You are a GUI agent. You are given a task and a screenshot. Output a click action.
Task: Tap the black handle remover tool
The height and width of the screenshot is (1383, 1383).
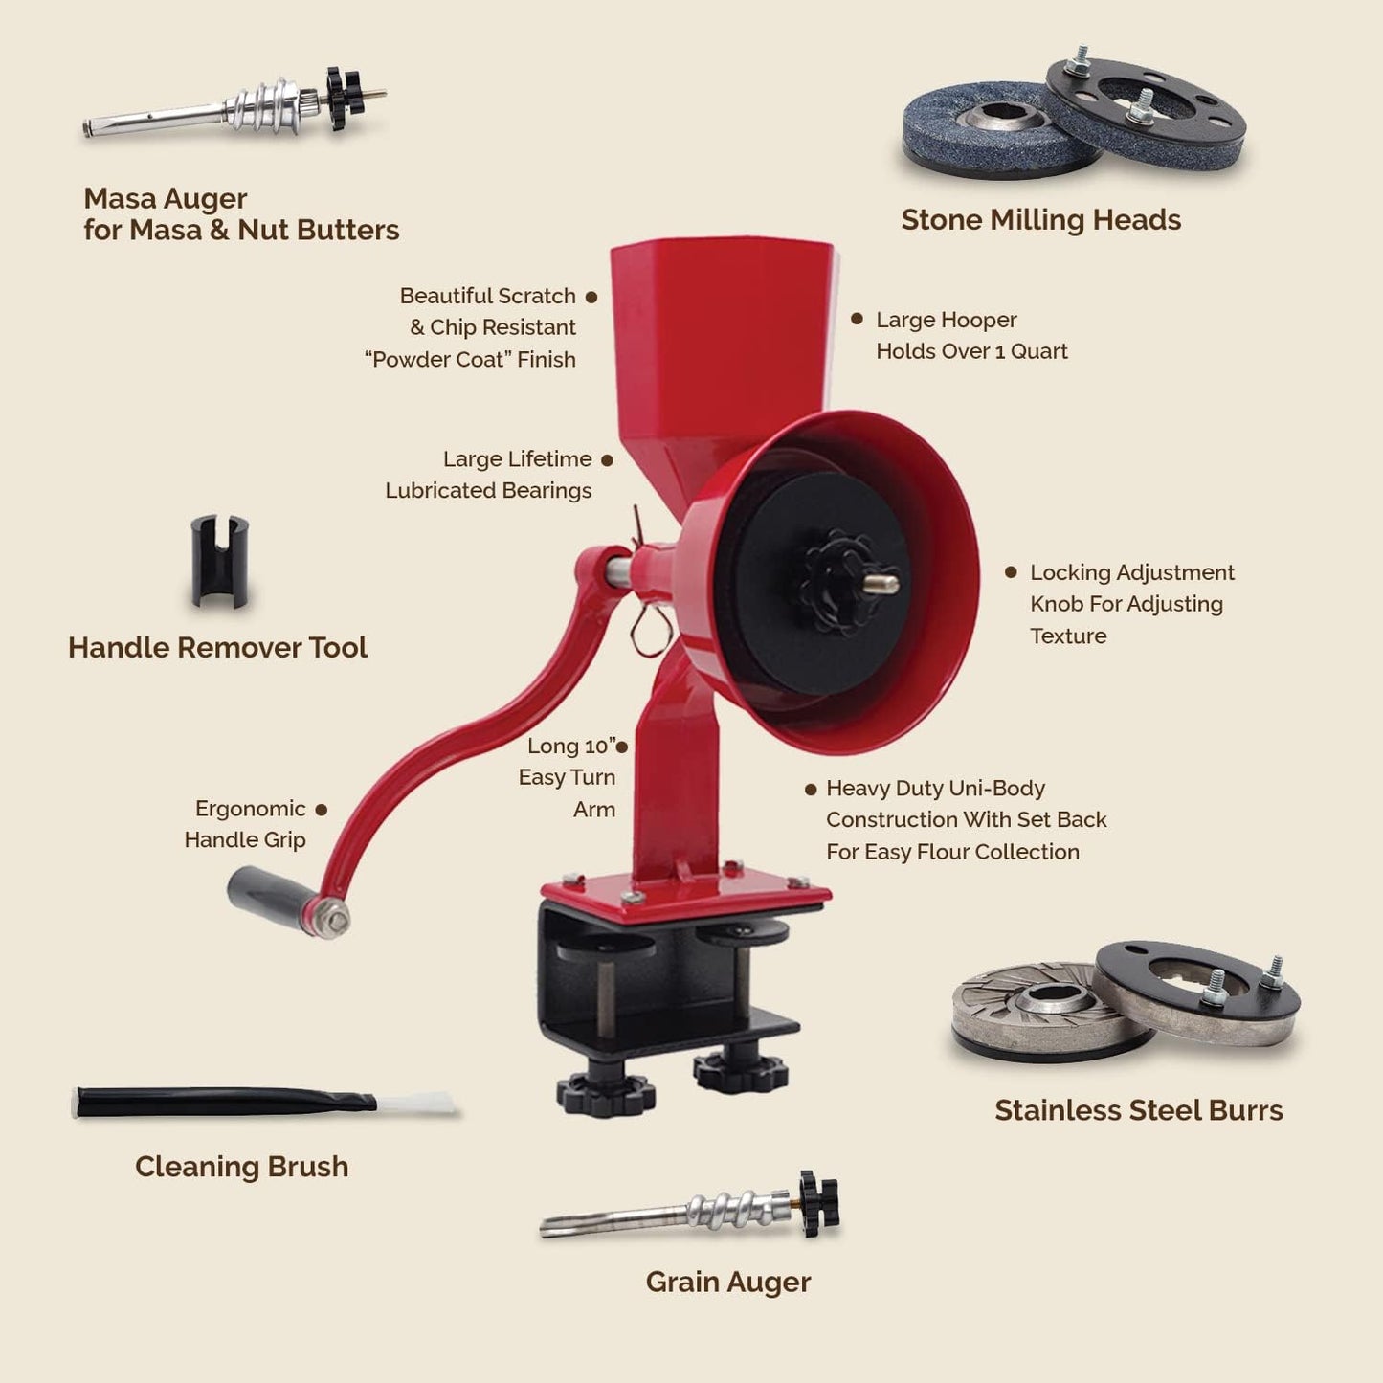tap(219, 561)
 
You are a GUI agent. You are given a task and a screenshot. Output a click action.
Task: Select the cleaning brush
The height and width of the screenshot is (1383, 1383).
tap(263, 1102)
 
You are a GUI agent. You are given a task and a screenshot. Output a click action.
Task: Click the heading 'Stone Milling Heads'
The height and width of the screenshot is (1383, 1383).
tap(1040, 220)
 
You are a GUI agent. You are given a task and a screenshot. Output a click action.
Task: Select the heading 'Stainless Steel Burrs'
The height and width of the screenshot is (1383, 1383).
tap(1138, 1110)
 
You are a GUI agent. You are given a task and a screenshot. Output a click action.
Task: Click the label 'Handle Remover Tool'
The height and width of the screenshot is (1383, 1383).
tap(217, 648)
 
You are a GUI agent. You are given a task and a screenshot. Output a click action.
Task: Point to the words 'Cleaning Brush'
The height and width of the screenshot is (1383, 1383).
tap(241, 1167)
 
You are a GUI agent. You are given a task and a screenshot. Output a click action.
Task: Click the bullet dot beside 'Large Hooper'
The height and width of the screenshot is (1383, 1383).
tap(857, 319)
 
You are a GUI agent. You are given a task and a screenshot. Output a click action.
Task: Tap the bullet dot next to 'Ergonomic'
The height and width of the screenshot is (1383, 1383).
tap(322, 810)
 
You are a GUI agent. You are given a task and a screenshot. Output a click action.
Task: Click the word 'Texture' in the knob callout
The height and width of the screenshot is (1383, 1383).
tap(1068, 636)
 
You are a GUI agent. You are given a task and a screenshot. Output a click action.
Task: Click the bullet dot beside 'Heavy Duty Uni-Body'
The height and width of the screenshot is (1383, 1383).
tap(811, 790)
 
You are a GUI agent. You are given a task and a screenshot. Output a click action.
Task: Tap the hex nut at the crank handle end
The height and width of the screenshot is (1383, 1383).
tap(333, 919)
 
